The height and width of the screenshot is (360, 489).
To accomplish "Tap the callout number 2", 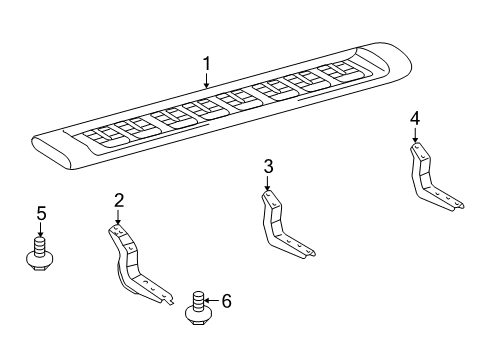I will pyautogui.click(x=119, y=201).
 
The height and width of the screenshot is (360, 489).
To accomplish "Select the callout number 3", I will pyautogui.click(x=268, y=166).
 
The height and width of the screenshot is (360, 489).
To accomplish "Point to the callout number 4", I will pyautogui.click(x=414, y=120).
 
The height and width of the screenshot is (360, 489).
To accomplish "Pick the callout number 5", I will pyautogui.click(x=41, y=213).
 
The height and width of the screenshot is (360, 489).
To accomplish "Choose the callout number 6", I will pyautogui.click(x=226, y=300).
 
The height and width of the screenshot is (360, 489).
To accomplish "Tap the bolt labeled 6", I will pyautogui.click(x=198, y=307).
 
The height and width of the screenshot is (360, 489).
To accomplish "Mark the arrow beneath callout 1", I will pyautogui.click(x=206, y=83).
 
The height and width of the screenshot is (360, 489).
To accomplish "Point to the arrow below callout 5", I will pyautogui.click(x=41, y=230).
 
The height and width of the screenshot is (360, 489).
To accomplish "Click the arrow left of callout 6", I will pyautogui.click(x=212, y=300).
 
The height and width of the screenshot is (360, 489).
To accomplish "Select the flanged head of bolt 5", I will pyautogui.click(x=41, y=262).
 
